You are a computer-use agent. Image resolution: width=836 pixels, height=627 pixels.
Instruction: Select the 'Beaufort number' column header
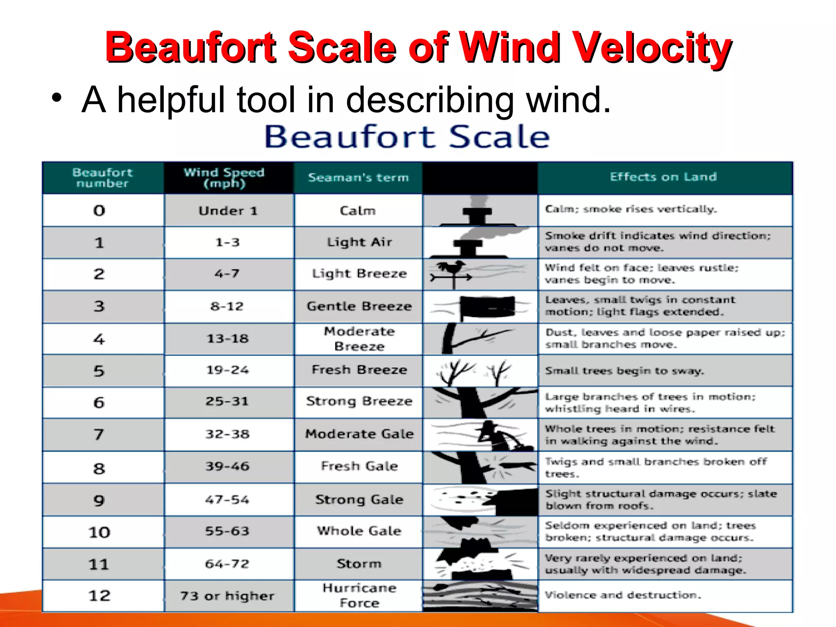click(102, 178)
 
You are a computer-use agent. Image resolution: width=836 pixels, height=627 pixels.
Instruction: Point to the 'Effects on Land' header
click(663, 177)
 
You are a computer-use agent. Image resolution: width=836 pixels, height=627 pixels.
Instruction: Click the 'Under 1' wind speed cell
click(228, 211)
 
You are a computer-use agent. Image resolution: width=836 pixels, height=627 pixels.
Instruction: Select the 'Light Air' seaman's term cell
click(359, 242)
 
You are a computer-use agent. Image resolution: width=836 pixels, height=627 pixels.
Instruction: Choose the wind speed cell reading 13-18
click(227, 338)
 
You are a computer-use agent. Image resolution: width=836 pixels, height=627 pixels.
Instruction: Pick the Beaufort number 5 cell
click(99, 371)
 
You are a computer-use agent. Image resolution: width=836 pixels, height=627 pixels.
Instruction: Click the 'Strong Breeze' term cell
click(359, 401)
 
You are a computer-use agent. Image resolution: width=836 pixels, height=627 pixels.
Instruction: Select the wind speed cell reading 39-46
click(227, 466)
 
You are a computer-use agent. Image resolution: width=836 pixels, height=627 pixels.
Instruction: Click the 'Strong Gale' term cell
click(359, 499)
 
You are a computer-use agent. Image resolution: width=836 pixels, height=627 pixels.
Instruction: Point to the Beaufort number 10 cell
click(99, 532)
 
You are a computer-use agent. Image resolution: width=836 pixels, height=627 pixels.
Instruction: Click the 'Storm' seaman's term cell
click(359, 564)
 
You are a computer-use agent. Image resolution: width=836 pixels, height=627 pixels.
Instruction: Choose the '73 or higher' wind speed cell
click(227, 596)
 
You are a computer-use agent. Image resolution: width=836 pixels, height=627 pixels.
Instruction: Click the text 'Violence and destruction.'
click(623, 595)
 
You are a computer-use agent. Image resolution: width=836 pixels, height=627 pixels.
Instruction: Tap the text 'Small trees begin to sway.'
click(625, 371)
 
